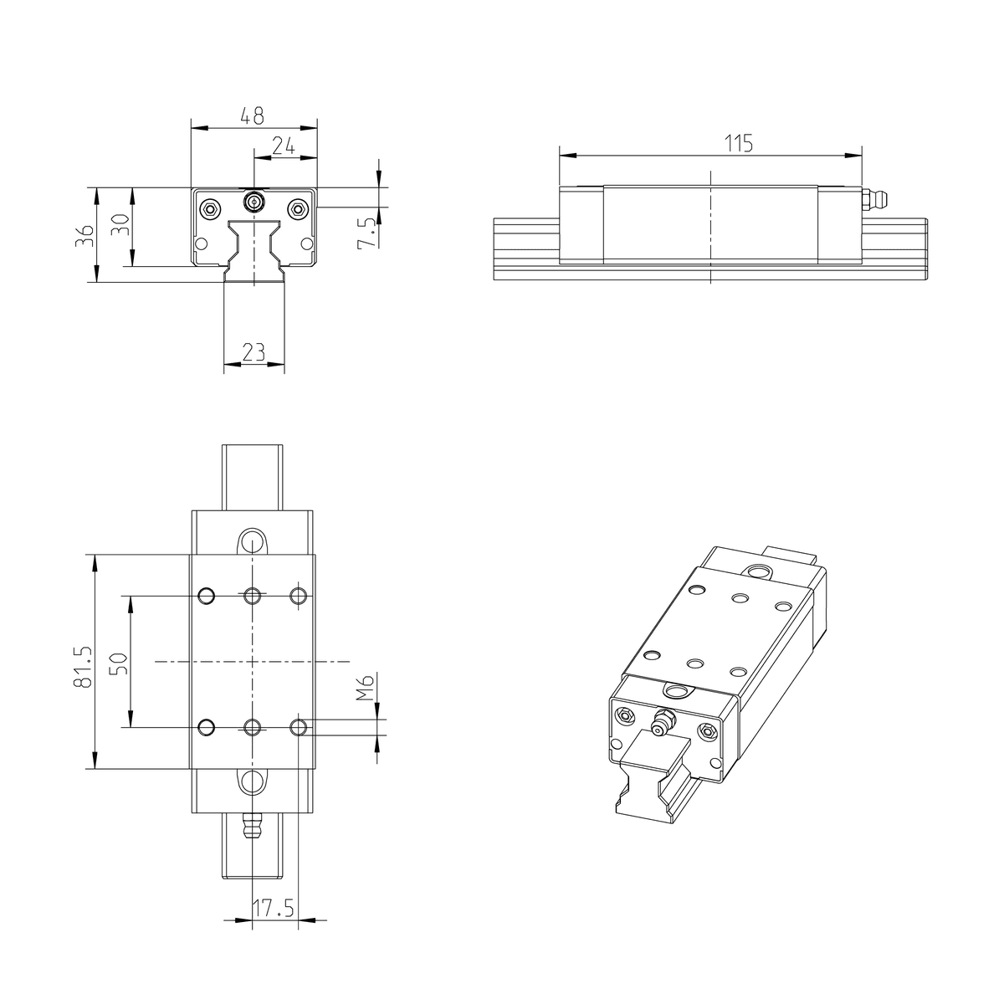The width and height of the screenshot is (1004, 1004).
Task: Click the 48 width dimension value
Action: (x=252, y=115)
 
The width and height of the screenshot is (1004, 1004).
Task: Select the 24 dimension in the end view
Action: (x=284, y=146)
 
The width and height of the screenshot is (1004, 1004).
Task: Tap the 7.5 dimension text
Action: (x=366, y=233)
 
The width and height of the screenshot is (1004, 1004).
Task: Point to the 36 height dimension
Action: (x=84, y=235)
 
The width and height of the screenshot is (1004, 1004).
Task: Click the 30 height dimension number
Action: (x=120, y=224)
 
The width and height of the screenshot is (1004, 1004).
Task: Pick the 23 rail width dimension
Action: (x=254, y=352)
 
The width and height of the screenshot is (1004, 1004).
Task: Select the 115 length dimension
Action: (x=739, y=143)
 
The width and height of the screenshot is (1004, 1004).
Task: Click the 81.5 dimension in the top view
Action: (x=84, y=668)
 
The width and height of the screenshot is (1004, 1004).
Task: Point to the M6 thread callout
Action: (x=367, y=687)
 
